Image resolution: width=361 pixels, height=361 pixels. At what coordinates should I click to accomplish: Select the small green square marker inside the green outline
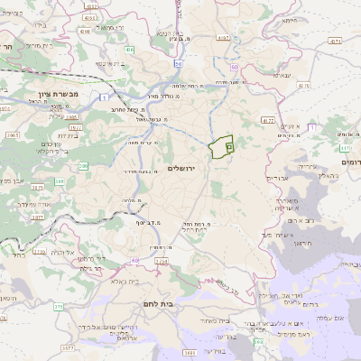tap(228, 144)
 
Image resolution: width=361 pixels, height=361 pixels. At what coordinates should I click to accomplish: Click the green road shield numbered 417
tap(342, 146)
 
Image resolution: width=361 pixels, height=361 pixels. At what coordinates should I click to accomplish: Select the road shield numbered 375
tap(58, 308)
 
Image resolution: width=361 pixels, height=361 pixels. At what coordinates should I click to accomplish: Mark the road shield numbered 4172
tap(266, 119)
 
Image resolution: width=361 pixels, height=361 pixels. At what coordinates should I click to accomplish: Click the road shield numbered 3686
tap(189, 352)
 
